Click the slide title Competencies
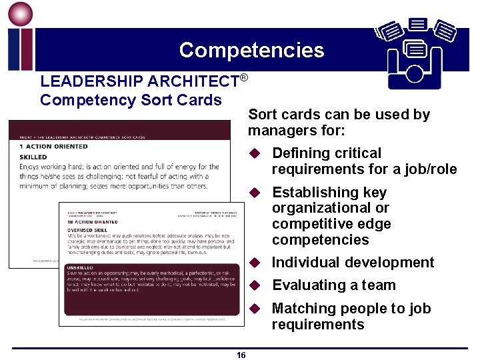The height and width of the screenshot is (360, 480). tap(251, 50)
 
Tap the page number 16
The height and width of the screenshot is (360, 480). tap(241, 355)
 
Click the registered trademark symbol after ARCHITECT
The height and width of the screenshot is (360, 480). tap(244, 77)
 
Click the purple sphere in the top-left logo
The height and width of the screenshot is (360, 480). tap(19, 13)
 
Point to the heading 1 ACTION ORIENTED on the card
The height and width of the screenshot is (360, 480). tap(53, 146)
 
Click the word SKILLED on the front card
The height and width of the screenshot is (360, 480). tap(33, 157)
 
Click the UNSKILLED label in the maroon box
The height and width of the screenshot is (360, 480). tap(79, 267)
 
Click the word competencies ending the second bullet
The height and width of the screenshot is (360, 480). tap(321, 240)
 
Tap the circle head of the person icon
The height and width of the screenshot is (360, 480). tap(415, 73)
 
